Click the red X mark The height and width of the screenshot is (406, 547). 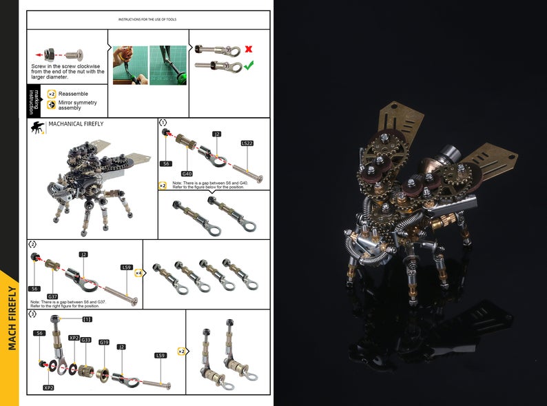pos(247,50)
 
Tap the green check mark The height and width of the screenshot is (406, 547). pos(248,65)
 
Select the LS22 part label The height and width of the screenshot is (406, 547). pos(247,143)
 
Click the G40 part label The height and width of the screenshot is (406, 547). pos(187,174)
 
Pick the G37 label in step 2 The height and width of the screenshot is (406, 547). pos(52,296)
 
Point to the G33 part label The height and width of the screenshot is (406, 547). pos(86,340)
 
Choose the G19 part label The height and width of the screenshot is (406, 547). pos(104,342)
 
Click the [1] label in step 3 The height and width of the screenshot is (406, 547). pos(87,319)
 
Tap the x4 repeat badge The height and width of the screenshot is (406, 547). pos(138,273)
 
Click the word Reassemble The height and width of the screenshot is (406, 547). pos(73,93)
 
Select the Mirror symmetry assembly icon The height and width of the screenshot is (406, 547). pos(52,105)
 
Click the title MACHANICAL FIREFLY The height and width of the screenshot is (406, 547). pos(76,124)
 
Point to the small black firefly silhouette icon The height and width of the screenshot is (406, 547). pos(37,127)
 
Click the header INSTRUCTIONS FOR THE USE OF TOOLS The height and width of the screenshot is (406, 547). pos(147,19)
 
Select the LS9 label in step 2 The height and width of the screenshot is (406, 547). pos(126,267)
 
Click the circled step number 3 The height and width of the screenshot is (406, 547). pos(32,314)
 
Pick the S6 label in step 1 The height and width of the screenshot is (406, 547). pos(166,163)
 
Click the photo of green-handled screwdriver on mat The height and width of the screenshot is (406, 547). pos(168,65)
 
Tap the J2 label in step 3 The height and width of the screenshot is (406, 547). pos(121,347)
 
